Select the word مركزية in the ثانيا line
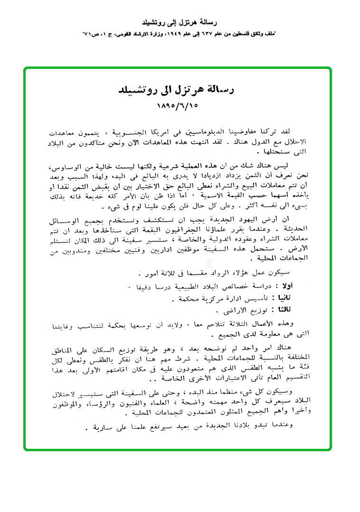tap(199, 299)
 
